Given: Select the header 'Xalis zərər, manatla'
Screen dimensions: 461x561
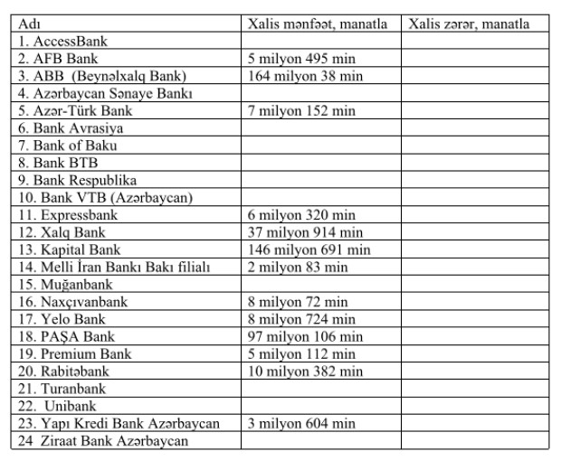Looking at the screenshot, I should coord(469,24).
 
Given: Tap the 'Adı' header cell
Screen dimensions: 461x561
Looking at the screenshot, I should coord(28,24).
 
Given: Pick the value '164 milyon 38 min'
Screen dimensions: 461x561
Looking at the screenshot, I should coord(306,76).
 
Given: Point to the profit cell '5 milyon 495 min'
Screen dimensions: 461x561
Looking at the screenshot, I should coord(302,59).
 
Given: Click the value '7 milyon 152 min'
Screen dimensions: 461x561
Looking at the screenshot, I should coord(302,111).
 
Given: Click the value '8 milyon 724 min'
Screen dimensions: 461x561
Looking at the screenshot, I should coord(302,319).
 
